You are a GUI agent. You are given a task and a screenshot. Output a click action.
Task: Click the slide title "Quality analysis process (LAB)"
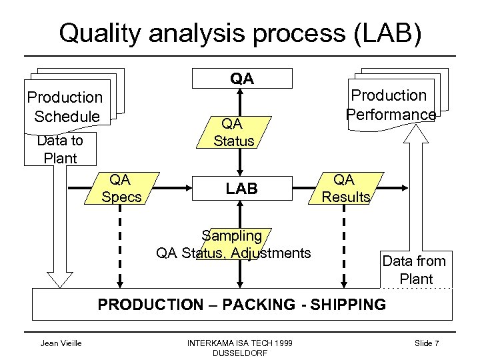[240, 33]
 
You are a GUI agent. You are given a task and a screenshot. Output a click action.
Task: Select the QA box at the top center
[242, 79]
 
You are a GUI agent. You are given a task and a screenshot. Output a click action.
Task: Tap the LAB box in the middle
[241, 189]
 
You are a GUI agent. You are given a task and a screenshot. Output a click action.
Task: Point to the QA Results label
[345, 188]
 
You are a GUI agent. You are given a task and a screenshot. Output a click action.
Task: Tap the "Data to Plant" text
[60, 149]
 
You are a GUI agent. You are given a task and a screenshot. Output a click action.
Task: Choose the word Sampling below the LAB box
[233, 236]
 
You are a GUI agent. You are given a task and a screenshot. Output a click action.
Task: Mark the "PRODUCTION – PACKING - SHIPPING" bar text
[241, 305]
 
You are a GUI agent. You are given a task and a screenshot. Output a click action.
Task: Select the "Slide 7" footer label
[426, 343]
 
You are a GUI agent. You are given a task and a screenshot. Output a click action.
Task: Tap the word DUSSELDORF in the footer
[239, 353]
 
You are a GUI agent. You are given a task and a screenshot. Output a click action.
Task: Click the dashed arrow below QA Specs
[121, 247]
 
